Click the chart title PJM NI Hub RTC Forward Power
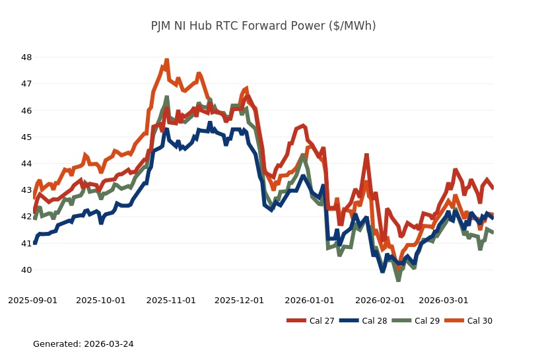[263, 26]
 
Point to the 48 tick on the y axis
[27, 57]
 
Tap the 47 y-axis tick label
[27, 84]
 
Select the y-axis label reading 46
[27, 110]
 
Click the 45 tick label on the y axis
[27, 137]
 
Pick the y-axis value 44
[27, 163]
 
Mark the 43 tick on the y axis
[27, 190]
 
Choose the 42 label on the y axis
[27, 217]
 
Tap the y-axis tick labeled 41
[27, 243]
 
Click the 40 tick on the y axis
[27, 270]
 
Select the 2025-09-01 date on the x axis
[32, 300]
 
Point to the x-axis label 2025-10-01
[100, 300]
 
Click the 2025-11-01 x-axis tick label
[171, 300]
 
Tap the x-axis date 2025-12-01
[239, 300]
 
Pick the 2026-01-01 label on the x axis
[309, 300]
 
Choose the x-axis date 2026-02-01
[380, 300]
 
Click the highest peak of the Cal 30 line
[166, 60]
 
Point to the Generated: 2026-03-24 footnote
[83, 344]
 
